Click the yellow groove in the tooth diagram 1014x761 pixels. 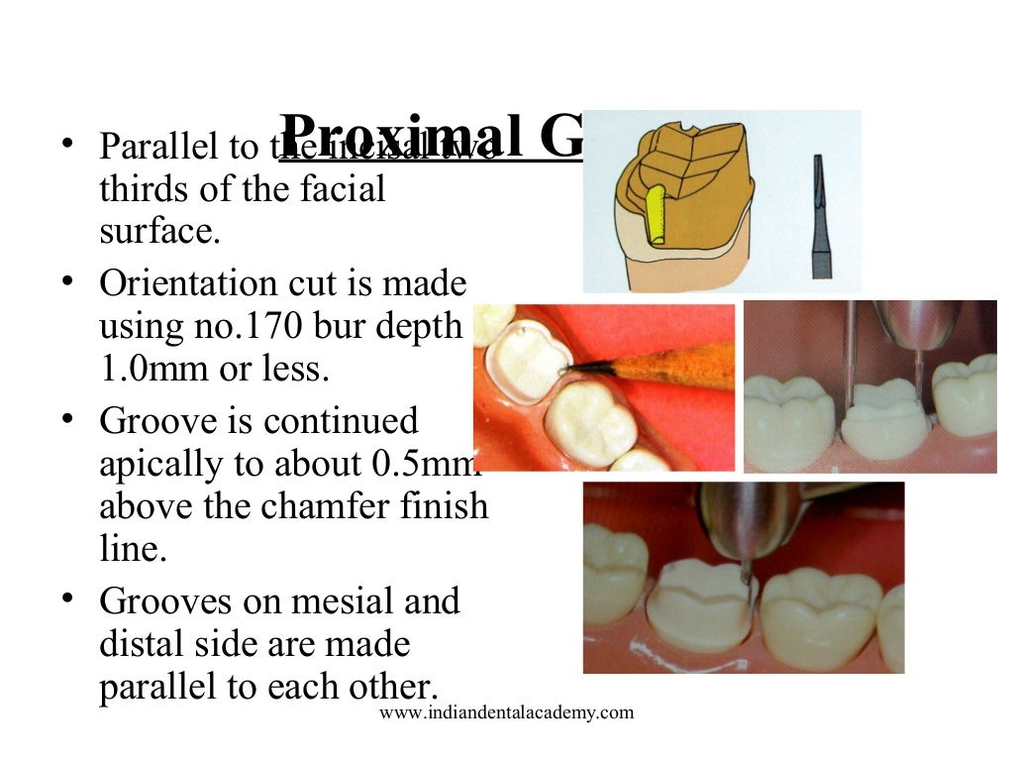655,214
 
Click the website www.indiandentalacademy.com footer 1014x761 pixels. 506,712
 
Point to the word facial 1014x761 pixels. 339,188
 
